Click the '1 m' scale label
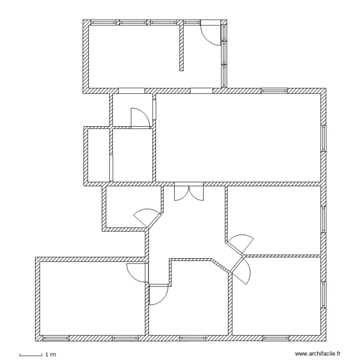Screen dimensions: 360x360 pyautogui.click(x=50, y=355)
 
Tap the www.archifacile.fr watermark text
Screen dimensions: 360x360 pyautogui.click(x=317, y=353)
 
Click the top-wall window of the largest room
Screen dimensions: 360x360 pyautogui.click(x=274, y=90)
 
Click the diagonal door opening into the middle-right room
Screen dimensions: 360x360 pyautogui.click(x=240, y=243)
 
